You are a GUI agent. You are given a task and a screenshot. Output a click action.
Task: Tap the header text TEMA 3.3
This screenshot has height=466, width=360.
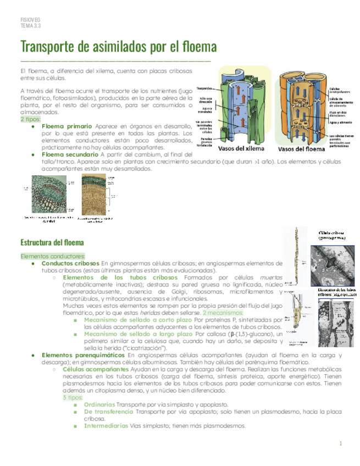coord(31,25)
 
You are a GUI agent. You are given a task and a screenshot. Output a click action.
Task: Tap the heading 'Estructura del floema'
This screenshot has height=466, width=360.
coord(52,242)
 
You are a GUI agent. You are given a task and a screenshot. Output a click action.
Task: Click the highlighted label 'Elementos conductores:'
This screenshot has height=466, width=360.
coord(53,256)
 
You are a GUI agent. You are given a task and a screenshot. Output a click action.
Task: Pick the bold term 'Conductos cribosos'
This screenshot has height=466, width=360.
coord(70,263)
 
